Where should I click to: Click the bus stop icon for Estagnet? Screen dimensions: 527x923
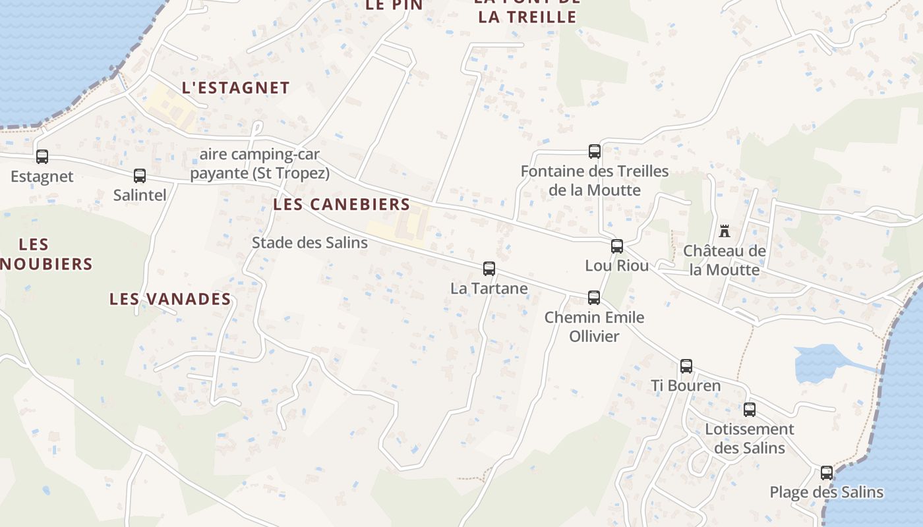pyautogui.click(x=42, y=157)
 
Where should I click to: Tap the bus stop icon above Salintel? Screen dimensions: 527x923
pyautogui.click(x=140, y=176)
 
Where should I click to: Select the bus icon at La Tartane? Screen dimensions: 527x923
pyautogui.click(x=489, y=269)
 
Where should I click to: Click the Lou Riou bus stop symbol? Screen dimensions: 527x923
pyautogui.click(x=617, y=246)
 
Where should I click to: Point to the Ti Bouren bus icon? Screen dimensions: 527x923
pyautogui.click(x=686, y=366)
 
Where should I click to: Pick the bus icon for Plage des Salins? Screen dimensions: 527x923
pyautogui.click(x=827, y=473)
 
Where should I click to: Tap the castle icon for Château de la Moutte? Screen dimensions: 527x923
pyautogui.click(x=725, y=231)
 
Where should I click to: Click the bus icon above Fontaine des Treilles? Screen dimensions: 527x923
pyautogui.click(x=595, y=152)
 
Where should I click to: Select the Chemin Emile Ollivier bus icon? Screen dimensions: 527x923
pyautogui.click(x=594, y=298)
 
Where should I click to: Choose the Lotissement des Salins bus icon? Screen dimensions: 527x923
pyautogui.click(x=750, y=410)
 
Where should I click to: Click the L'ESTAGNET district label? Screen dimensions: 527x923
pyautogui.click(x=235, y=88)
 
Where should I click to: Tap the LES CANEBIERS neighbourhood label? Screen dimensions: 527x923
pyautogui.click(x=342, y=204)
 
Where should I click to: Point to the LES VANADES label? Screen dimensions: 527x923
pyautogui.click(x=170, y=299)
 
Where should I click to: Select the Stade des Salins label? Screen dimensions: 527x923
pyautogui.click(x=310, y=242)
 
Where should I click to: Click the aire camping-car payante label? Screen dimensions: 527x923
pyautogui.click(x=260, y=164)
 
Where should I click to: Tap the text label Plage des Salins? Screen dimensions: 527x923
pyautogui.click(x=827, y=492)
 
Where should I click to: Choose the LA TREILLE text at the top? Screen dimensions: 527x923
pyautogui.click(x=527, y=16)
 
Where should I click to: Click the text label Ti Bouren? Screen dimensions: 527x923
pyautogui.click(x=686, y=385)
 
